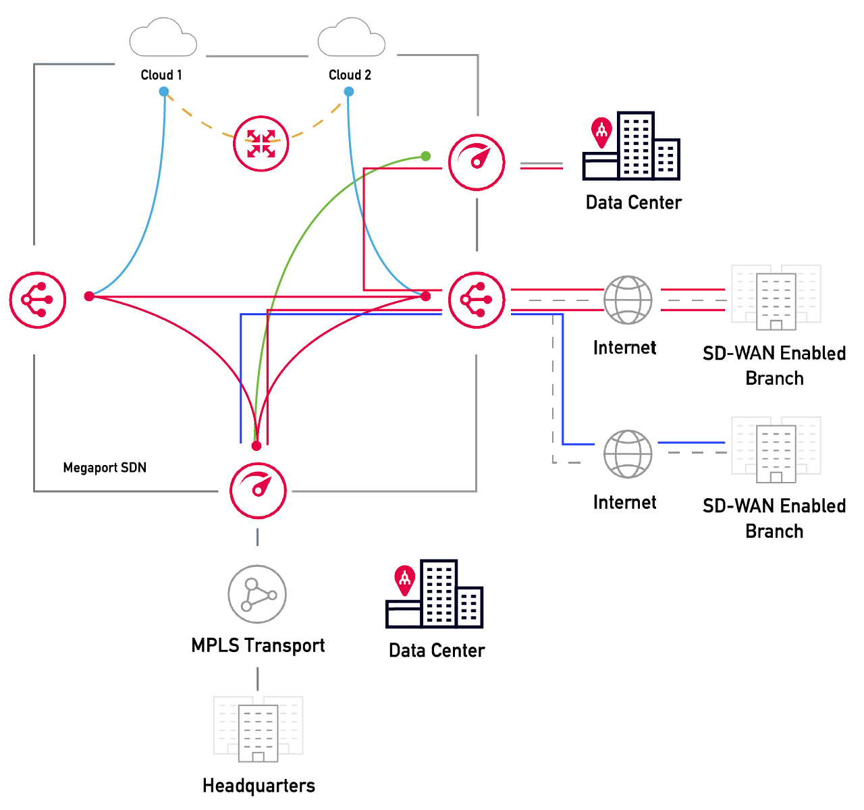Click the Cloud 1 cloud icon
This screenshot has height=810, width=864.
tap(163, 38)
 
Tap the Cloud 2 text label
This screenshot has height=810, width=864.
tap(350, 75)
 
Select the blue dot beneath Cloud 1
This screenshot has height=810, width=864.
tap(164, 92)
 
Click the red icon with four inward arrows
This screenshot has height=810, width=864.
tap(261, 144)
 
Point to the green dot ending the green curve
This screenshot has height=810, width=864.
tap(425, 156)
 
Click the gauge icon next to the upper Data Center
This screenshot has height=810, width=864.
tap(477, 163)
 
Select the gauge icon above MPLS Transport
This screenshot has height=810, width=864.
tap(258, 490)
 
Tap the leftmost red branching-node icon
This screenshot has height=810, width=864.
tap(38, 300)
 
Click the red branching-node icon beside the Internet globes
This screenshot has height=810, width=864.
tap(477, 300)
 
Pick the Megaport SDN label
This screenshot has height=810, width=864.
tap(105, 468)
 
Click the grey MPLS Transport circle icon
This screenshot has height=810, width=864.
tap(257, 595)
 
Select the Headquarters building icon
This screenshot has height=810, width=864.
tap(258, 729)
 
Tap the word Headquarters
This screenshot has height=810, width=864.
tap(259, 786)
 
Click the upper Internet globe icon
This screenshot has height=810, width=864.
tap(628, 300)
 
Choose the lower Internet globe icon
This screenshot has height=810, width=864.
tap(628, 454)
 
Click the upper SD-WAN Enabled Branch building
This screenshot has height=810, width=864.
tap(776, 298)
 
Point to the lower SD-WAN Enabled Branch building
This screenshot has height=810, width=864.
tap(776, 450)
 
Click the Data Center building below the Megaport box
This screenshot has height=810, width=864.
tap(435, 595)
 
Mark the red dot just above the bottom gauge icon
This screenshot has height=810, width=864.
tap(256, 446)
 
